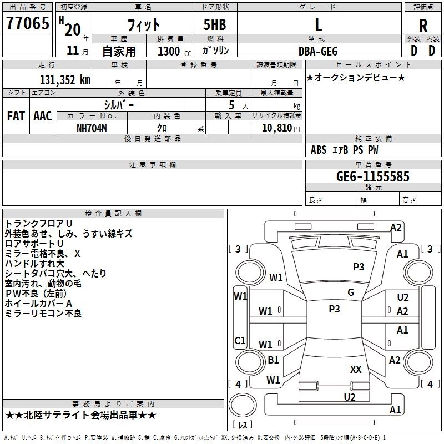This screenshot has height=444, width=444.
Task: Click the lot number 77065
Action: [27, 23]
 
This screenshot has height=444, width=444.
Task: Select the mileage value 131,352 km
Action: [65, 80]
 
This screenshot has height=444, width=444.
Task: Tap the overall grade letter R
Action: [423, 26]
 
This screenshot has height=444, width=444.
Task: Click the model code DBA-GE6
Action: [318, 51]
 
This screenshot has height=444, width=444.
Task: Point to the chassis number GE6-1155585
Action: [373, 176]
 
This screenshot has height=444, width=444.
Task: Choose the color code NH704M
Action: [92, 128]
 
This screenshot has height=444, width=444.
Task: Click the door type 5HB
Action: [215, 24]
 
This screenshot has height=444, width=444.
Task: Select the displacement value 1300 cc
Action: [174, 51]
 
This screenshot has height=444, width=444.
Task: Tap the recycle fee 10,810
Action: [276, 128]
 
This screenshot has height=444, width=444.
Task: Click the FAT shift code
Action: [16, 116]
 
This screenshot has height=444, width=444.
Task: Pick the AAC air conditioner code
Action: [43, 116]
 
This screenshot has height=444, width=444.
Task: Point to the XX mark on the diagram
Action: [356, 369]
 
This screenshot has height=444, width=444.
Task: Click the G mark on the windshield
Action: [351, 292]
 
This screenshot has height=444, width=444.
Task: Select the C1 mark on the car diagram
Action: [240, 340]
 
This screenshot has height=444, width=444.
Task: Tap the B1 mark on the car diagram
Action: [273, 360]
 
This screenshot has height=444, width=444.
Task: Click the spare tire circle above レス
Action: [243, 405]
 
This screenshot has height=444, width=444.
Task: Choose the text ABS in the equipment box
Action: [319, 150]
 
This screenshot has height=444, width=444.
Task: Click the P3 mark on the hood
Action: [359, 266]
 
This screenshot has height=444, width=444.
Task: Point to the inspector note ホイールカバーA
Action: [38, 304]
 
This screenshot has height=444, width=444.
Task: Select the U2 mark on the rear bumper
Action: [350, 397]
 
